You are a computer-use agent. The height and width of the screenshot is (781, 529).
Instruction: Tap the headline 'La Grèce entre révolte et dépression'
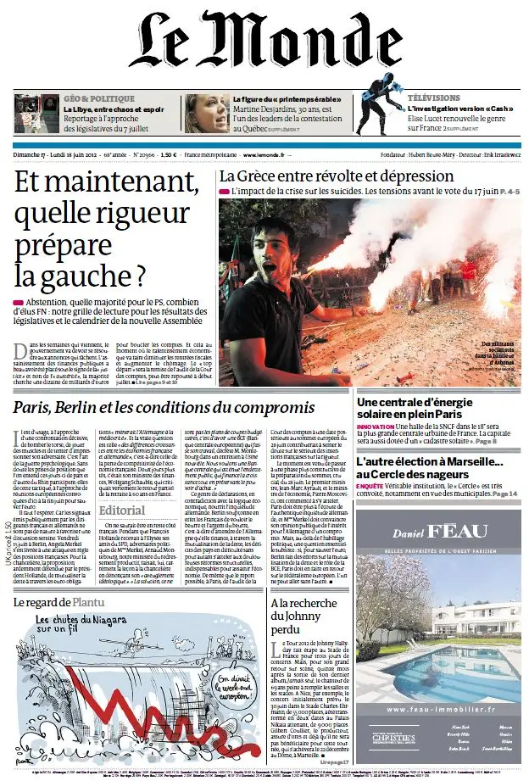click(337, 176)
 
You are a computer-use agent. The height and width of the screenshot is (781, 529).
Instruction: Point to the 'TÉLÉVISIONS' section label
click(433, 98)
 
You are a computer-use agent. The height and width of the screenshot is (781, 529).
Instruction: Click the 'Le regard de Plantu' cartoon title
click(58, 602)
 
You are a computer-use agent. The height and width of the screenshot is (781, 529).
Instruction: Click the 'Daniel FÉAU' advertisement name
click(440, 533)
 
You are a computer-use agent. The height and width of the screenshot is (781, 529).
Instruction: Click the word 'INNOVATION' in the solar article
click(376, 427)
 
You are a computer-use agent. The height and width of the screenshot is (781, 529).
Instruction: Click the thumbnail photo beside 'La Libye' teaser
click(36, 113)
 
